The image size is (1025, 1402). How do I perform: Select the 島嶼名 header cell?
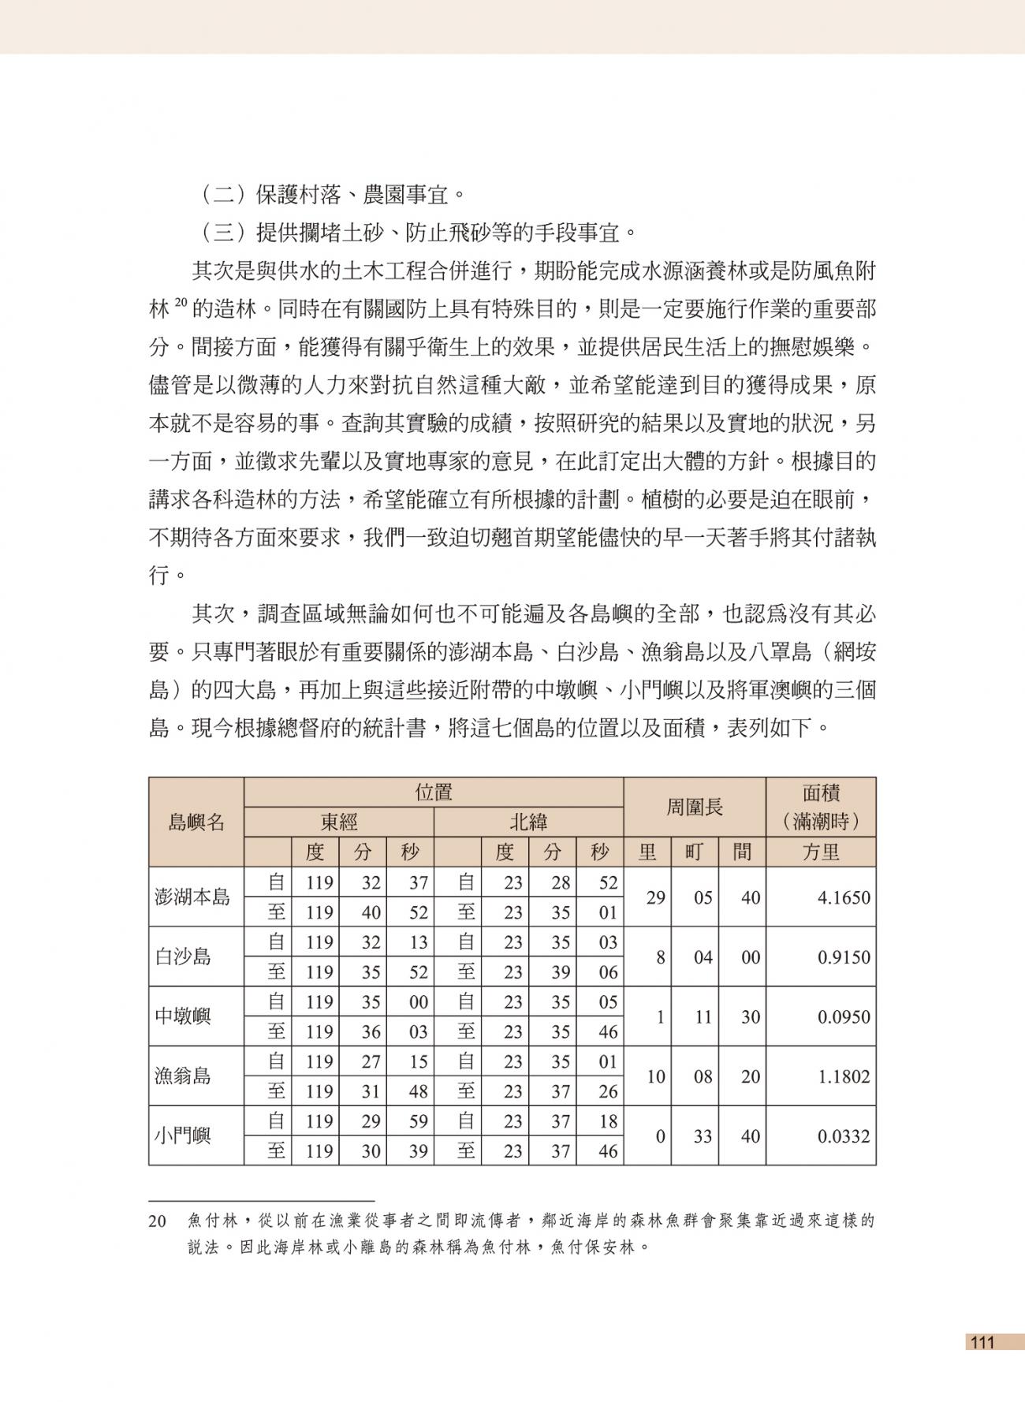[x=196, y=822]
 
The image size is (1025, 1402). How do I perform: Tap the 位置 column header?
[x=434, y=792]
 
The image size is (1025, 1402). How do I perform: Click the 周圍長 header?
[x=695, y=807]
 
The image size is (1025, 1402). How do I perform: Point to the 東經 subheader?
[x=339, y=822]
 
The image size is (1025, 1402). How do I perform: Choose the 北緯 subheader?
[x=528, y=822]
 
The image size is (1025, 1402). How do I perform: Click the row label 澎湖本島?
[x=192, y=897]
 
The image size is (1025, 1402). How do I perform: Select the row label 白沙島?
[x=183, y=957]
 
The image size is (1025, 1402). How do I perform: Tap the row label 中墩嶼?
[x=183, y=1016]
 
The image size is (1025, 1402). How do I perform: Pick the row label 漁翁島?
[x=183, y=1076]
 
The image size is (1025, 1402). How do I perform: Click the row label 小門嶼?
[x=183, y=1136]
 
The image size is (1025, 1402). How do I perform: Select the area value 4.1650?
[x=844, y=897]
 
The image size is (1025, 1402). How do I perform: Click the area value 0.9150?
[x=844, y=957]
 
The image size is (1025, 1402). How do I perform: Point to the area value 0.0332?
[x=844, y=1136]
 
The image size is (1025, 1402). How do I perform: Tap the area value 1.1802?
[x=844, y=1076]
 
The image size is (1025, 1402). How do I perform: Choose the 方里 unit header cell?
[x=821, y=852]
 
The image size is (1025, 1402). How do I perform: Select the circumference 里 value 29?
[x=655, y=897]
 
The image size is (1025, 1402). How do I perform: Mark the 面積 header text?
[x=821, y=792]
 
